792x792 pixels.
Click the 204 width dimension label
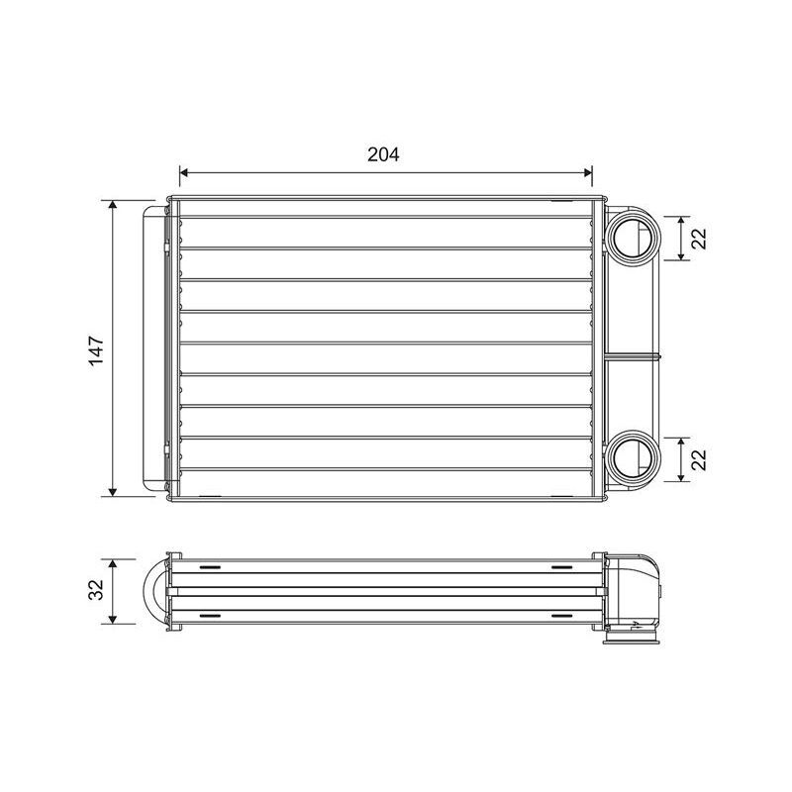[x=383, y=154]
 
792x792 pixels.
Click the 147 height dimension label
[x=96, y=350]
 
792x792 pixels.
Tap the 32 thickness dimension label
[x=95, y=589]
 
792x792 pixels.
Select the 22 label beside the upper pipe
[x=699, y=239]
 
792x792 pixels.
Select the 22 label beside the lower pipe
[x=699, y=459]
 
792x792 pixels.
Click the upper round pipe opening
[x=633, y=238]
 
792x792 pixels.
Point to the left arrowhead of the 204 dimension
[x=184, y=172]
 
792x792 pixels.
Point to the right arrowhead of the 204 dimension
[x=588, y=172]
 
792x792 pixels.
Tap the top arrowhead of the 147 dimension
[x=113, y=205]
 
